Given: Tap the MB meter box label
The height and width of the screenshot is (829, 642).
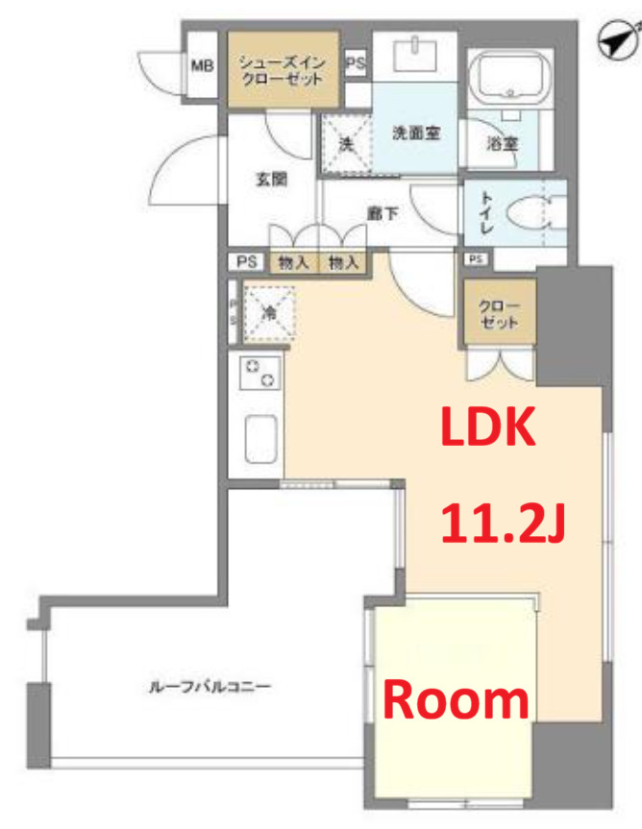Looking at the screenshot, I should click(202, 66).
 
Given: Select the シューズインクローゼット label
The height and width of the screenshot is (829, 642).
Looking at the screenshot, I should click(283, 71).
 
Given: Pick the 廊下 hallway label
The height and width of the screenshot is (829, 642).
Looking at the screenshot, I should click(383, 213).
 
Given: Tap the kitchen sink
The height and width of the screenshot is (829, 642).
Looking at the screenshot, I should click(261, 439).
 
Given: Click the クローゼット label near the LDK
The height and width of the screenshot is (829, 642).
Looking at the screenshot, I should click(499, 314).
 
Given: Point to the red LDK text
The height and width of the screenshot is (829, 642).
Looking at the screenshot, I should click(487, 427).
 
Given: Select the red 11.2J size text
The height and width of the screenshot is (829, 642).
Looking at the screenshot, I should click(503, 524).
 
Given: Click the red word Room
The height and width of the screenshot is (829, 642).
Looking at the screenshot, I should click(457, 701).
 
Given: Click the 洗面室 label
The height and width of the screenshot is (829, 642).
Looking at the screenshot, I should click(416, 134).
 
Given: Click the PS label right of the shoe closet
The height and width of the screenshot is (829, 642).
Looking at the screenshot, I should click(355, 63).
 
